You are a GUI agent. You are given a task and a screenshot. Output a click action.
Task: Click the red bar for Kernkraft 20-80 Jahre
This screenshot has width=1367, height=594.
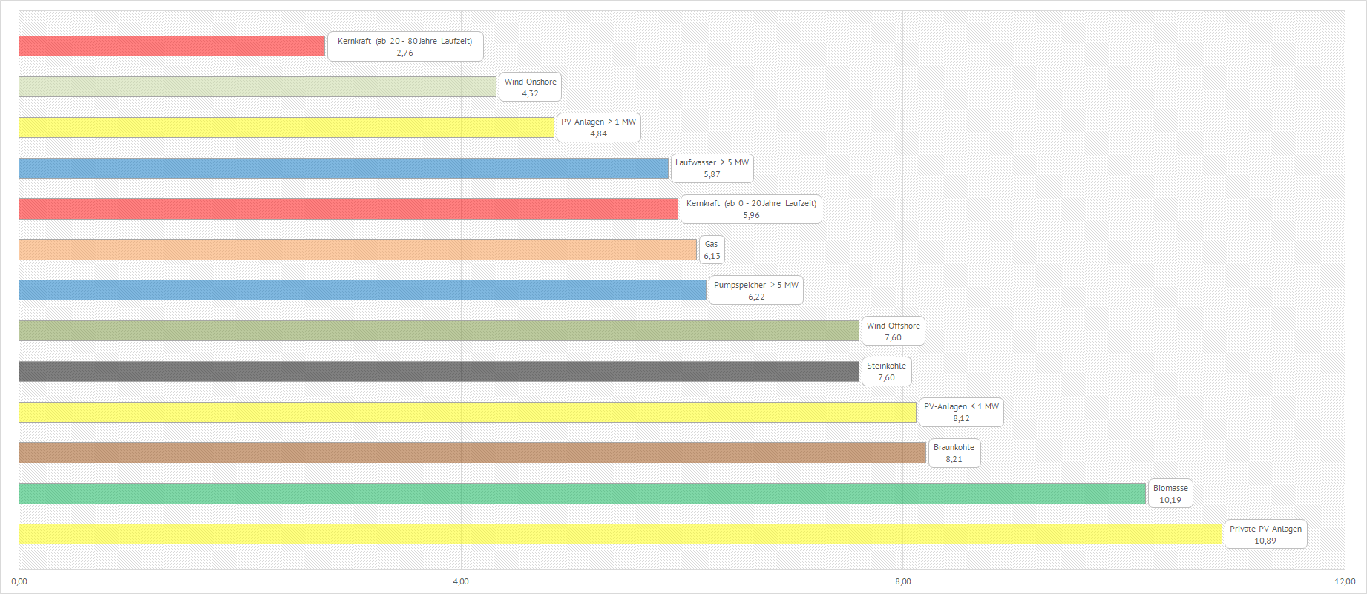pyautogui.click(x=171, y=46)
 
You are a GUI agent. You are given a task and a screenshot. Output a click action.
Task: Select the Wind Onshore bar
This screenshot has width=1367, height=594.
pyautogui.click(x=257, y=87)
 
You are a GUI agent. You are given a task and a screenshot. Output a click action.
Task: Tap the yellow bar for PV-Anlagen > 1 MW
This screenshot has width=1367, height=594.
pyautogui.click(x=286, y=128)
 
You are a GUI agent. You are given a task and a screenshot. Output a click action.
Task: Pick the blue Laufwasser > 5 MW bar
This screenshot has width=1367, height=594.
pyautogui.click(x=343, y=168)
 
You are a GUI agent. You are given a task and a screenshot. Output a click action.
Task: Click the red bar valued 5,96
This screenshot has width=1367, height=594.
pyautogui.click(x=348, y=209)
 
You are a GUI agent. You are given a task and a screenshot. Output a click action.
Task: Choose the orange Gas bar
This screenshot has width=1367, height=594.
pyautogui.click(x=357, y=250)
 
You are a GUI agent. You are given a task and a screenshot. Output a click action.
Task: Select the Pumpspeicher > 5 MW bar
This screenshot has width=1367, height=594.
pyautogui.click(x=362, y=290)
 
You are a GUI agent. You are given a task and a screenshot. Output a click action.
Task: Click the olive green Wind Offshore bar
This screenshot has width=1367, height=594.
pyautogui.click(x=438, y=331)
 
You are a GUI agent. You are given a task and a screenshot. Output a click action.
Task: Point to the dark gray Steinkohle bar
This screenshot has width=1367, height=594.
pyautogui.click(x=438, y=372)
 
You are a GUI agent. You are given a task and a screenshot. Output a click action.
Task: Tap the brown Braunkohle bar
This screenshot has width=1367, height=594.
pyautogui.click(x=472, y=453)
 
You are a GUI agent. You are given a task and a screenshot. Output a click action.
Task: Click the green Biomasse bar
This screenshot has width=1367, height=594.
pyautogui.click(x=582, y=494)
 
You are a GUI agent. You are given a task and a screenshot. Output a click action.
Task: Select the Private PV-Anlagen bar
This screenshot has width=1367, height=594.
pyautogui.click(x=620, y=534)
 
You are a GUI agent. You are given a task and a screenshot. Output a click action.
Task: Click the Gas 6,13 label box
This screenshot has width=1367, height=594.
pyautogui.click(x=712, y=250)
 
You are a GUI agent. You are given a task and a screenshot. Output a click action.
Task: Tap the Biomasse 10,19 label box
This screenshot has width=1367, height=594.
pyautogui.click(x=1170, y=494)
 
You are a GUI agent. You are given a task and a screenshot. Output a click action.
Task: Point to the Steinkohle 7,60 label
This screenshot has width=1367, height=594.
pyautogui.click(x=886, y=372)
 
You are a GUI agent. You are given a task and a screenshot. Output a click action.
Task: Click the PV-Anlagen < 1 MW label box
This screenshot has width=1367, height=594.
pyautogui.click(x=961, y=412)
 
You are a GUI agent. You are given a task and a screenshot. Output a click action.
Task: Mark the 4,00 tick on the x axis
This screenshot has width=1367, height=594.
pyautogui.click(x=461, y=581)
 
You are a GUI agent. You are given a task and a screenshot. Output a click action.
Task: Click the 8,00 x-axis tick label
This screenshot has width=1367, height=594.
pyautogui.click(x=902, y=581)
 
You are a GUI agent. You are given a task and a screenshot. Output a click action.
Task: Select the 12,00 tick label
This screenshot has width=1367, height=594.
pyautogui.click(x=1345, y=581)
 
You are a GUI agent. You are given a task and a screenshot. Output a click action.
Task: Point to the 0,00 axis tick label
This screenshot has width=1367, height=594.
pyautogui.click(x=19, y=581)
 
